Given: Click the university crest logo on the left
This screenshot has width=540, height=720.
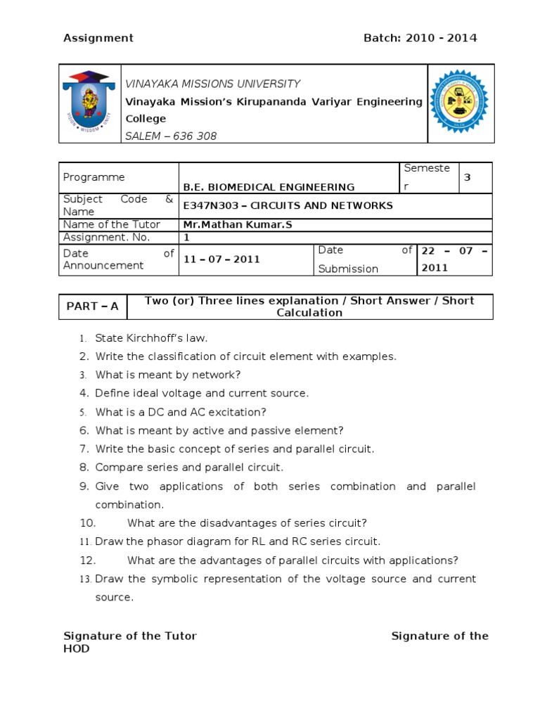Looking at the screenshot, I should click(x=90, y=103).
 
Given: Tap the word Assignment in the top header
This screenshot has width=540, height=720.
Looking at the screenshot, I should click(x=98, y=38).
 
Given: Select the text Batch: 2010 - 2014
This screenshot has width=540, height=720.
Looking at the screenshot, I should click(x=420, y=38).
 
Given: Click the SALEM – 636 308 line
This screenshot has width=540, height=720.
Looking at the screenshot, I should click(x=171, y=136).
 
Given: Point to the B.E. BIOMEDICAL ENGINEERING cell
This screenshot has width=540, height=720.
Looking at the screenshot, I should click(x=269, y=187).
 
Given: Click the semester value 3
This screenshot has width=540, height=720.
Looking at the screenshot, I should click(x=467, y=178).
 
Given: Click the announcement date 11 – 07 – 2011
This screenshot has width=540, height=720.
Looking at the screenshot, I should click(x=222, y=259).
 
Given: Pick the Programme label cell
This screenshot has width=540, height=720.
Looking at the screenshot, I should click(x=94, y=178).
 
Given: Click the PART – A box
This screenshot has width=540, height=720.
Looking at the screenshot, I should click(x=93, y=307).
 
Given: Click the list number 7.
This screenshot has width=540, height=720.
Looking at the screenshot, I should click(x=84, y=449).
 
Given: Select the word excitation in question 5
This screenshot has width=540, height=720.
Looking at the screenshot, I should click(x=238, y=412).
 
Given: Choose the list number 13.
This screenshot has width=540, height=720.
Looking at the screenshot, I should click(x=85, y=579).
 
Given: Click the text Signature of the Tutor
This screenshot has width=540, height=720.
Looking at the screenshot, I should click(x=130, y=636).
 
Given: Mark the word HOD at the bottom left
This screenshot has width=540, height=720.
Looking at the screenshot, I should click(x=77, y=649).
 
